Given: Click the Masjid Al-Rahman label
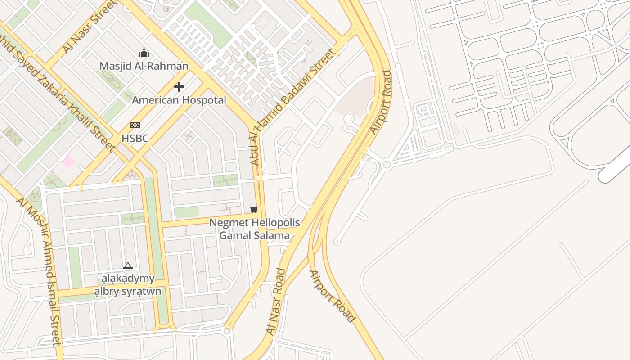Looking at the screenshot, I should [144, 66].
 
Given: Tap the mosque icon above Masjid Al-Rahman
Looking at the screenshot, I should [144, 53].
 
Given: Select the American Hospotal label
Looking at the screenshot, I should [179, 100].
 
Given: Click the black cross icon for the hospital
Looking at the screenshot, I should [179, 87].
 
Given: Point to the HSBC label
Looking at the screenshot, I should [135, 138].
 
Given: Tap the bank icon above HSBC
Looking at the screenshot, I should [135, 125].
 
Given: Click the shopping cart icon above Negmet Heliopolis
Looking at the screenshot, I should [254, 209].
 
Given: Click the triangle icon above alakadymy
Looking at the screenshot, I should [128, 266].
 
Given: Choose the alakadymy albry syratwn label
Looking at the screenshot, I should [127, 285].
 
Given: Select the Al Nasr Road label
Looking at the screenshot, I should [276, 301].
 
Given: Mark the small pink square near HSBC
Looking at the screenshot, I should [68, 161].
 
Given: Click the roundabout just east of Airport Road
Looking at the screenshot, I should [387, 165].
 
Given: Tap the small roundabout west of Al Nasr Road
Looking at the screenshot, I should [227, 332].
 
